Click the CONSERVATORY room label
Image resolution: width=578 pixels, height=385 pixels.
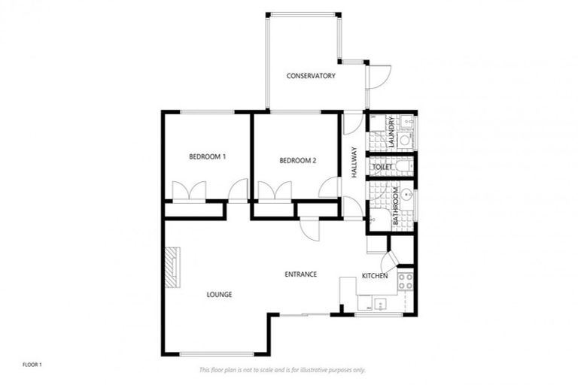tap(310, 76)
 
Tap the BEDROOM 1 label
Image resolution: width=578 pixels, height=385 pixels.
tap(207, 156)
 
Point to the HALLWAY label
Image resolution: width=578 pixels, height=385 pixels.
tap(353, 161)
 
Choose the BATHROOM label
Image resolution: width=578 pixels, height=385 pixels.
tap(395, 207)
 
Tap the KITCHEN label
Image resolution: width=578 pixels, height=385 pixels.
tap(374, 276)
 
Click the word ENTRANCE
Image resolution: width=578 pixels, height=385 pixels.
tap(300, 274)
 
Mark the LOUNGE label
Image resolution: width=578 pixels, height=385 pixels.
tap(219, 294)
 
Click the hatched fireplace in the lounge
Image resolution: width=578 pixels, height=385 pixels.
tap(173, 268)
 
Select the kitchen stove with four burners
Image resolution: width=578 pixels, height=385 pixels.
tap(405, 281)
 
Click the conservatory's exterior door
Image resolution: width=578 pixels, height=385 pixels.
tap(379, 76)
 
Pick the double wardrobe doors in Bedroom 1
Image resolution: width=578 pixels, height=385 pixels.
tap(190, 192)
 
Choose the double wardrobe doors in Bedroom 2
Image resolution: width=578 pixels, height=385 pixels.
tap(275, 192)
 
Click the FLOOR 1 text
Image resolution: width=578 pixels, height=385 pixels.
tap(32, 365)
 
